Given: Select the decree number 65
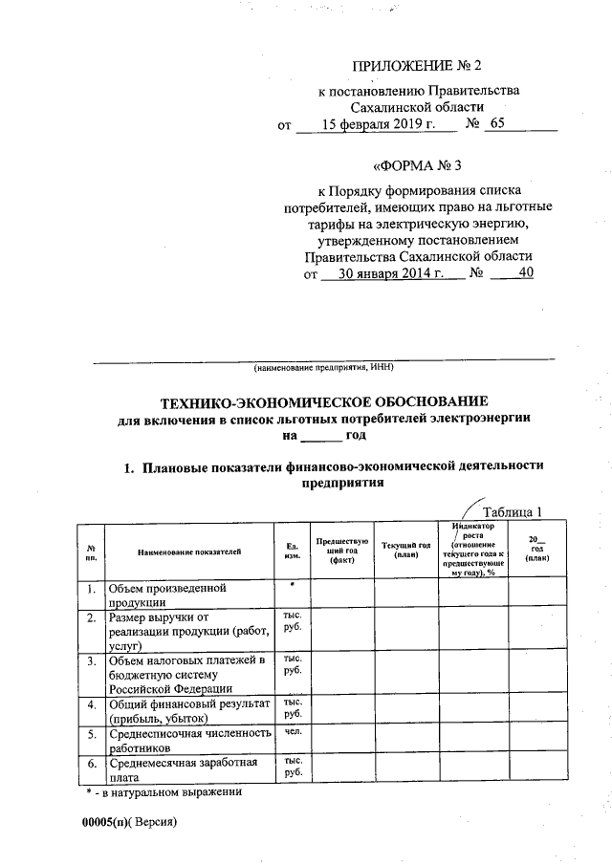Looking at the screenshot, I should [x=498, y=125].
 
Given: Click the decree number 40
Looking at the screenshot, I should [x=524, y=273].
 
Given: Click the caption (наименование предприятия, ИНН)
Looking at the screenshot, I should [x=323, y=367].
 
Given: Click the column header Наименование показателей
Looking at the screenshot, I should [x=189, y=551].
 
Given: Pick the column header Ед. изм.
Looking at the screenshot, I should [x=292, y=551].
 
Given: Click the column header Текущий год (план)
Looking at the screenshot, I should [x=406, y=551].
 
